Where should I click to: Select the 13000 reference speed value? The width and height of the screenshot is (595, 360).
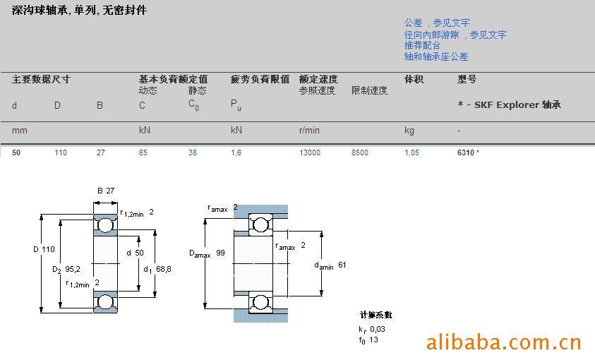pos(310,152)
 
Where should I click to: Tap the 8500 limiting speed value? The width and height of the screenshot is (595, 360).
pos(360,152)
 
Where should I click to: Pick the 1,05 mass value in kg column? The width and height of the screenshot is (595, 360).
pos(411,152)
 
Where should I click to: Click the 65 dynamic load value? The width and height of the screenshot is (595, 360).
pos(143,152)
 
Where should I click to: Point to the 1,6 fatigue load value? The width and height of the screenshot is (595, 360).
pos(236,152)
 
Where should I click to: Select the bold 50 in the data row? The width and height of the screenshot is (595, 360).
pos(16,152)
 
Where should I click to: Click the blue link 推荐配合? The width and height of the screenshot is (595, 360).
pos(422,45)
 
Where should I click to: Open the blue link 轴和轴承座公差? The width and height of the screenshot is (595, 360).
pos(436,57)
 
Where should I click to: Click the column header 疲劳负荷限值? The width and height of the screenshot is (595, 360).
pos(260,79)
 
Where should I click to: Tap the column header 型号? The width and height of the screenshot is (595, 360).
pos(467,79)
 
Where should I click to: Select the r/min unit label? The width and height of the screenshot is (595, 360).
pos(309,131)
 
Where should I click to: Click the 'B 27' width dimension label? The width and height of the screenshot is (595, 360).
pos(106,191)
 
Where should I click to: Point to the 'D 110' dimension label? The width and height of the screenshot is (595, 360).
pos(44,249)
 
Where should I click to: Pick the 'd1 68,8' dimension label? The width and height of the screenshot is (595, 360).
pos(157,270)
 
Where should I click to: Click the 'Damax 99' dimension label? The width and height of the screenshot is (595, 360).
pos(207,253)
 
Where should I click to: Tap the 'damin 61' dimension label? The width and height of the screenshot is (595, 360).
pos(330,265)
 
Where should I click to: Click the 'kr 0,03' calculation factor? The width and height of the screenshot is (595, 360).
pos(372,329)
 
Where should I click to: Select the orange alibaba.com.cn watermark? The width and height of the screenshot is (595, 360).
pos(503,342)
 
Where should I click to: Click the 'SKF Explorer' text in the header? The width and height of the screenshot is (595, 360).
pos(507,104)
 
